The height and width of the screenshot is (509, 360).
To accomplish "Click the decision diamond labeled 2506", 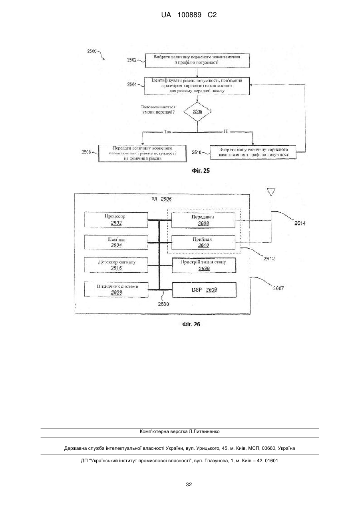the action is coord(197,112).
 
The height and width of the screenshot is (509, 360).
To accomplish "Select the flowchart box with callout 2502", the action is coord(197,61).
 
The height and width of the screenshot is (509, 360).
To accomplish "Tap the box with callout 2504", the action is coord(197,86).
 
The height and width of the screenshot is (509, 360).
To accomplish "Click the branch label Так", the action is coord(168,132).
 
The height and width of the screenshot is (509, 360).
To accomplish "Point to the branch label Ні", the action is coord(226,131).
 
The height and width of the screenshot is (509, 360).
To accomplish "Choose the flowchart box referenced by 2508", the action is coord(142,154).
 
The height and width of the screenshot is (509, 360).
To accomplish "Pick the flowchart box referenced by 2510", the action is coord(253,152).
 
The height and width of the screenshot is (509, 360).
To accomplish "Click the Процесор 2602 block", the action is coord(116,220).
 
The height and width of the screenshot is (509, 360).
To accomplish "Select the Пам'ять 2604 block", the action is coord(116,242).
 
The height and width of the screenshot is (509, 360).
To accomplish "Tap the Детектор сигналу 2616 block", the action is coord(116,265).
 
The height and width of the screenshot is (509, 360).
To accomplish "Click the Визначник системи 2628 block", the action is coord(116,289).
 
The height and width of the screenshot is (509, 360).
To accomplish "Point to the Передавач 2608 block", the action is coord(203,220).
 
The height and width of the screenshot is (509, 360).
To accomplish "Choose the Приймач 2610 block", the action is coord(203,242).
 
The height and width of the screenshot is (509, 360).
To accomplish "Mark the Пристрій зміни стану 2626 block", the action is coord(204,265).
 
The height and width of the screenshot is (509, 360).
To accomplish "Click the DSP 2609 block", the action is coord(204,290).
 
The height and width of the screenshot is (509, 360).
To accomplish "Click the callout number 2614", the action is coord(300,224).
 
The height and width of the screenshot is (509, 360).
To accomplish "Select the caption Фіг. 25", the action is coord(201,171).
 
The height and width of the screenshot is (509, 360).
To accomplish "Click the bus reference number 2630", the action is coord(163,304).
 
